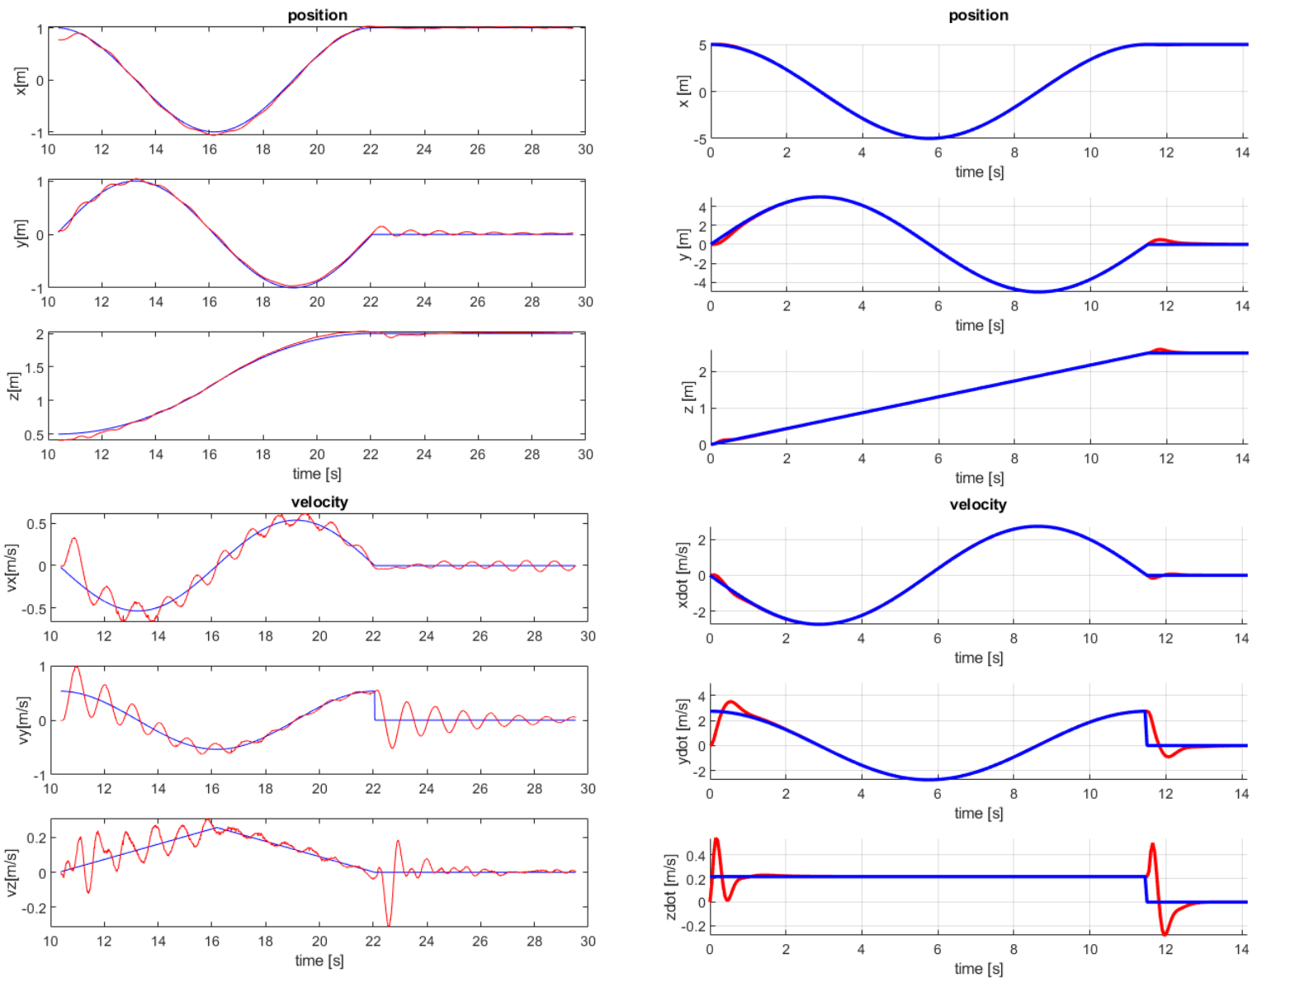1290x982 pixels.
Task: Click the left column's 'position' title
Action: [x=318, y=15]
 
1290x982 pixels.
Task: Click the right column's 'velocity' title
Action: [x=978, y=504]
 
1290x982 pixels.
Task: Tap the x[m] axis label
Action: [x=21, y=81]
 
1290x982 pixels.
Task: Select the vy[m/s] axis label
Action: [x=23, y=720]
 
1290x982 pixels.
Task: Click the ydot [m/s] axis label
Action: [x=681, y=731]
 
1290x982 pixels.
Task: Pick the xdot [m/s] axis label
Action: [x=682, y=575]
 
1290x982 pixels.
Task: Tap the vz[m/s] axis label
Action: [x=12, y=872]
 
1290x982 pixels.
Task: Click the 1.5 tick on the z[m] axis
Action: [x=34, y=367]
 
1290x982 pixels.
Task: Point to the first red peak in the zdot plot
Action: [x=716, y=840]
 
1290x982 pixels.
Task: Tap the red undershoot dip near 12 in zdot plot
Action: [x=1165, y=933]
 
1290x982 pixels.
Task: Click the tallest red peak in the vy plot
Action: [x=77, y=668]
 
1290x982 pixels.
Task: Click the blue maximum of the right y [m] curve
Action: [x=820, y=196]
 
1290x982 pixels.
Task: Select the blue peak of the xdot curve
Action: [x=1037, y=526]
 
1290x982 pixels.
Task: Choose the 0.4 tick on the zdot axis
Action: [x=695, y=856]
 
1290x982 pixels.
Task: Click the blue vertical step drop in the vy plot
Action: [x=375, y=706]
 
